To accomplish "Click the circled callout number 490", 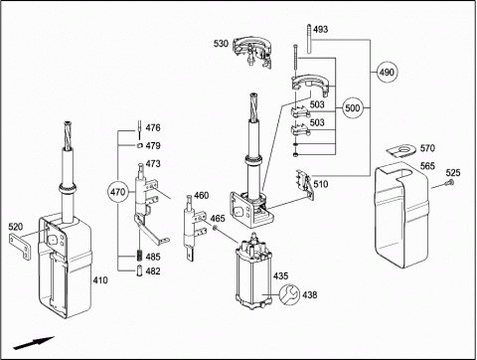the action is pyautogui.click(x=387, y=72).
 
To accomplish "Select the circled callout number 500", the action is pyautogui.click(x=352, y=108).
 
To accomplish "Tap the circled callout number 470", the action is pyautogui.click(x=118, y=192).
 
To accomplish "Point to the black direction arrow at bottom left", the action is pyautogui.click(x=34, y=343).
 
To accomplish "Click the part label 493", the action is pyautogui.click(x=321, y=29).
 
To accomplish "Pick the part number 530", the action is pyautogui.click(x=221, y=44).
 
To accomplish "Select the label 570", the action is pyautogui.click(x=427, y=148).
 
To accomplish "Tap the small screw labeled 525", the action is pyautogui.click(x=450, y=182).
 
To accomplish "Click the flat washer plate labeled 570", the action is pyautogui.click(x=400, y=151).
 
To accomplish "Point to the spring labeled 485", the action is pyautogui.click(x=139, y=256).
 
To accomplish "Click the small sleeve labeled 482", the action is pyautogui.click(x=139, y=270).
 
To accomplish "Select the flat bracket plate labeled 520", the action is pyautogui.click(x=21, y=247).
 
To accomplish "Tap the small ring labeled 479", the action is pyautogui.click(x=140, y=145).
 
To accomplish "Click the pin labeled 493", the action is pyautogui.click(x=309, y=39).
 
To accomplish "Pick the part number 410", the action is pyautogui.click(x=100, y=280).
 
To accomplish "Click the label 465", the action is pyautogui.click(x=218, y=219).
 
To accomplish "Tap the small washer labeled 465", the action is pyautogui.click(x=216, y=228).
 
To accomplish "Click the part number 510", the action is pyautogui.click(x=321, y=184).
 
